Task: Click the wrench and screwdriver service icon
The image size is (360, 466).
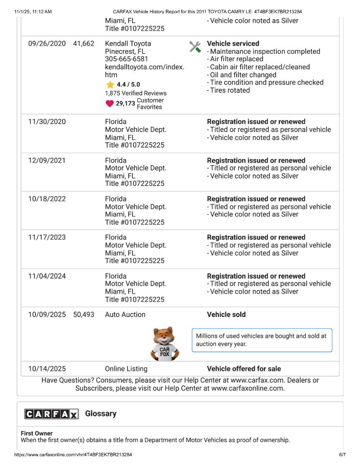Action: (x=195, y=47)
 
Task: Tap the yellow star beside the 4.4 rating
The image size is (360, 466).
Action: (x=110, y=84)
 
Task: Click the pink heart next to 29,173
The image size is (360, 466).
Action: (x=110, y=103)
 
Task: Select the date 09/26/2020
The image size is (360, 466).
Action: (x=47, y=44)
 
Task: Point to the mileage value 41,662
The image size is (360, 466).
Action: (x=83, y=44)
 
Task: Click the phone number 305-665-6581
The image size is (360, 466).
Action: (x=127, y=59)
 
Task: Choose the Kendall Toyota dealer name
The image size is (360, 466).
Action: (x=128, y=44)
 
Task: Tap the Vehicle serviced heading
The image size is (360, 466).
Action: (x=233, y=44)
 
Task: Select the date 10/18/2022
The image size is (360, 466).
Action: (x=47, y=199)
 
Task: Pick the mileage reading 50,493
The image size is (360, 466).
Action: (x=83, y=315)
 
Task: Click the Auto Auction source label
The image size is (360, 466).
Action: (x=125, y=315)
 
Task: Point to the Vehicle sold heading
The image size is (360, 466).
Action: (x=226, y=315)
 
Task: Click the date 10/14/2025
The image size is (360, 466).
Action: (x=47, y=369)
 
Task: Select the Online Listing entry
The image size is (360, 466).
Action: (x=126, y=369)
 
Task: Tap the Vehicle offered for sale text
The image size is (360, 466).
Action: (x=244, y=369)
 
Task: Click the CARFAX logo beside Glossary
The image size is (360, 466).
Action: (x=51, y=414)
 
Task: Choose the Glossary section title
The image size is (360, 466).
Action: (x=101, y=414)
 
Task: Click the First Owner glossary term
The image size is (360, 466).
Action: (x=37, y=433)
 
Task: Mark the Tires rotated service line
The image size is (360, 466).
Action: (x=230, y=90)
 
